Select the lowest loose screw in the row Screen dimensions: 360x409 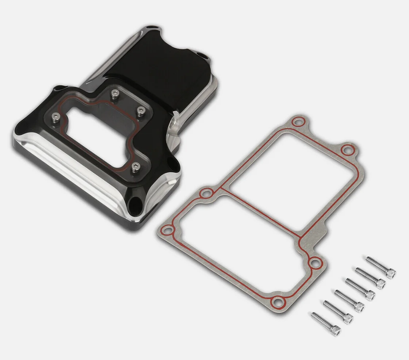click(x=326, y=323)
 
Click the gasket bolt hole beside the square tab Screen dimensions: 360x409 click(x=314, y=261)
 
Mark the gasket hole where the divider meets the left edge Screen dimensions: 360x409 click(x=207, y=193)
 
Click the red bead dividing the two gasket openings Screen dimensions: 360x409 click(x=263, y=210)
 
